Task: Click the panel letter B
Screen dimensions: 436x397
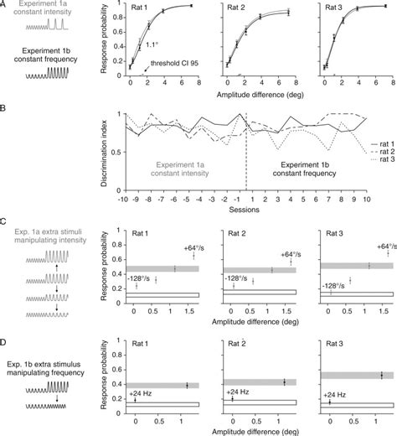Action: click(5, 107)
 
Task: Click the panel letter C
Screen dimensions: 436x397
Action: click(5, 224)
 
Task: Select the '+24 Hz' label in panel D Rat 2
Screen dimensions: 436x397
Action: click(240, 391)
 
